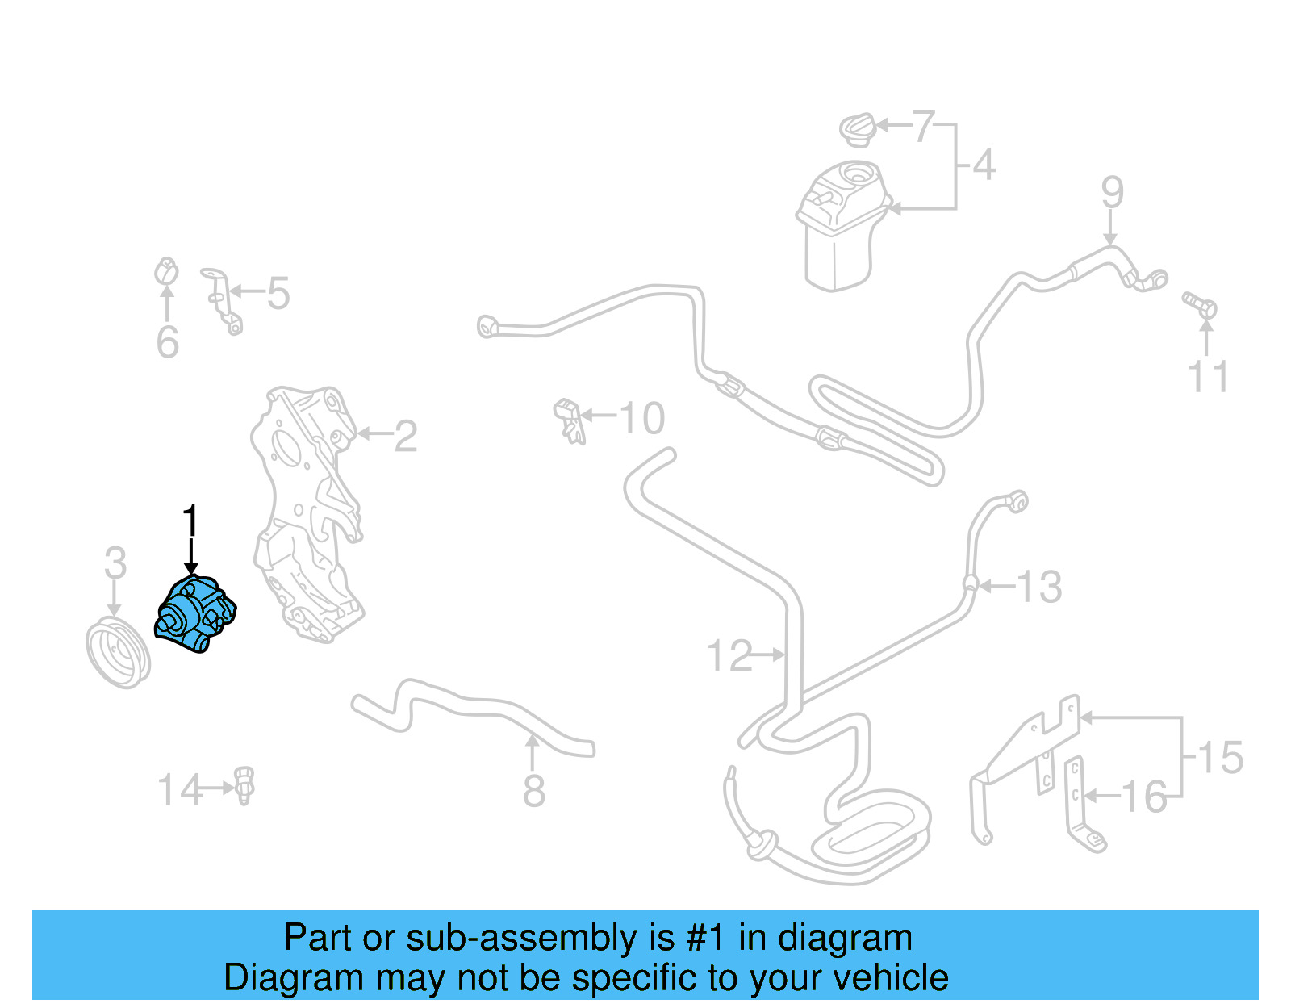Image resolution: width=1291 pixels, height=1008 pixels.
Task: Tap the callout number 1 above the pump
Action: pyautogui.click(x=190, y=521)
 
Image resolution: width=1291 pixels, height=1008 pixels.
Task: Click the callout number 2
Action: pyautogui.click(x=405, y=437)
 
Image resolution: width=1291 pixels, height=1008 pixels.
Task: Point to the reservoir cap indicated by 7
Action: pyautogui.click(x=858, y=129)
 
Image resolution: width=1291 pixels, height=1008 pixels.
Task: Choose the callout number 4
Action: pyautogui.click(x=984, y=165)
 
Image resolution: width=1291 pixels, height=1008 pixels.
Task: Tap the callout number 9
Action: pyautogui.click(x=1112, y=192)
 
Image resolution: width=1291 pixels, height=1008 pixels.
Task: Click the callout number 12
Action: pyautogui.click(x=729, y=655)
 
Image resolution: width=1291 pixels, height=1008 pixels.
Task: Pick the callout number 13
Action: pyautogui.click(x=1039, y=587)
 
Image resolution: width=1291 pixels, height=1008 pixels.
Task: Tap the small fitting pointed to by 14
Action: pyautogui.click(x=244, y=785)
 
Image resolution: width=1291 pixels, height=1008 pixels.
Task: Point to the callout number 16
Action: pyautogui.click(x=1144, y=797)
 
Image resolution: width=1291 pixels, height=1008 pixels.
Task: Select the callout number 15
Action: pyautogui.click(x=1220, y=758)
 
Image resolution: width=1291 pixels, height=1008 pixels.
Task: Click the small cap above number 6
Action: pyautogui.click(x=166, y=273)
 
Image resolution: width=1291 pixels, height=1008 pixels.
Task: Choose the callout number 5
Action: pyautogui.click(x=278, y=293)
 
